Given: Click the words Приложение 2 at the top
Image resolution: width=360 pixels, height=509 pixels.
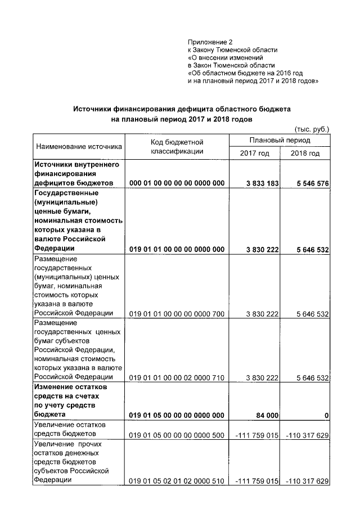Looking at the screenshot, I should tap(210, 42).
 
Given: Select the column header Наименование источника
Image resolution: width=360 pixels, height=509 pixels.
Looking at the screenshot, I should tap(79, 147).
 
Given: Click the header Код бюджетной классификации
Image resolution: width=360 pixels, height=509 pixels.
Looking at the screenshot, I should tap(177, 147).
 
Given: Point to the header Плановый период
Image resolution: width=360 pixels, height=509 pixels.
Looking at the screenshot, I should tap(280, 140).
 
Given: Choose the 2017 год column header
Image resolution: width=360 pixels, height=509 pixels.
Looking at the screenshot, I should tap(254, 154).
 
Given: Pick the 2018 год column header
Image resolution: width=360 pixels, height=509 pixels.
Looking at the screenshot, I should tap(305, 154).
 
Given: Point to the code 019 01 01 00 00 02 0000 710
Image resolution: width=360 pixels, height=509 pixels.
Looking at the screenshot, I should tap(177, 378).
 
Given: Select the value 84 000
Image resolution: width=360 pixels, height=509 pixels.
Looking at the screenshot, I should tap(267, 415).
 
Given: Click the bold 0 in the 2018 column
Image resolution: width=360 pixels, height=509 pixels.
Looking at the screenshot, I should tap(326, 415).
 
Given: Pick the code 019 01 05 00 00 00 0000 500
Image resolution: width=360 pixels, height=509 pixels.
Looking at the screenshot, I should tap(177, 435).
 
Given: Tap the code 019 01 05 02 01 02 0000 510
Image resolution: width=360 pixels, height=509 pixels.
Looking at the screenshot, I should tap(177, 481).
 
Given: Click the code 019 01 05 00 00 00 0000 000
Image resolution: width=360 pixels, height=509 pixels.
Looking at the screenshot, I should tap(177, 415).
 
